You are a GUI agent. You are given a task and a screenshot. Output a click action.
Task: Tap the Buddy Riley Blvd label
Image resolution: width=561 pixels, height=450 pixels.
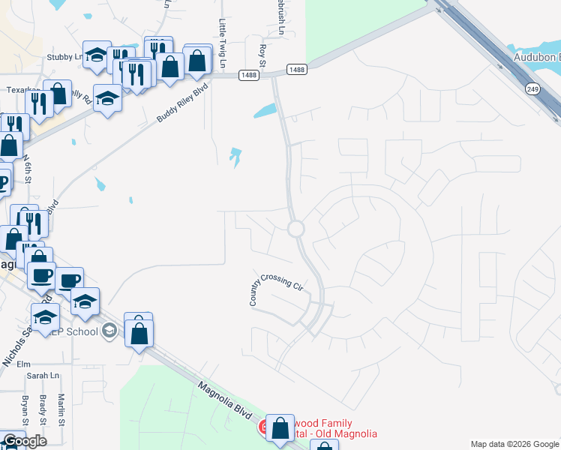183,103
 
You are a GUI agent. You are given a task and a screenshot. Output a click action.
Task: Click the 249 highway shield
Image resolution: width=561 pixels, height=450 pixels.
532,89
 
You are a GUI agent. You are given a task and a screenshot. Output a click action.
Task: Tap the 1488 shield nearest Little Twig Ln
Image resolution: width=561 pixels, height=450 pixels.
249,75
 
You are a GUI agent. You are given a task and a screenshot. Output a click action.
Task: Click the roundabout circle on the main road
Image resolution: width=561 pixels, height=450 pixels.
295,229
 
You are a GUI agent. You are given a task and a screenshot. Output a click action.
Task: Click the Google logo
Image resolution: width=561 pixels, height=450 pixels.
25,441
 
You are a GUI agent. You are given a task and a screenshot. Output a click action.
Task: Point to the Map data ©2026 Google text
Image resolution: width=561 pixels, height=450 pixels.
514,444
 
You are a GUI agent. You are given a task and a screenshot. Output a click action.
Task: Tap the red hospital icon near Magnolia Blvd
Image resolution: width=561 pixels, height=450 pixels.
265,428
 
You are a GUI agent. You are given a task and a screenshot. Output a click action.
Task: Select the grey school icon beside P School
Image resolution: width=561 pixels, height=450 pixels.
110,331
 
